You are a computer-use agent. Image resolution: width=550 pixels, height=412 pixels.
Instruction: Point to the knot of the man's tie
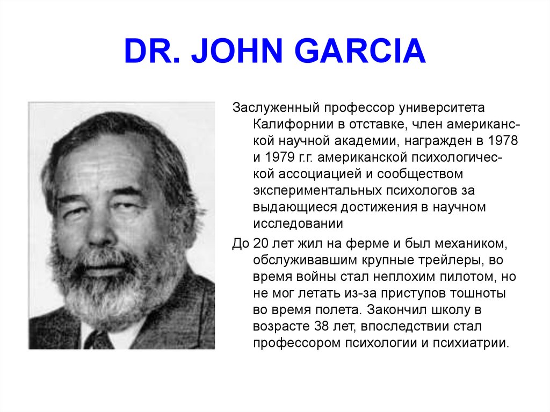(x=99, y=339)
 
